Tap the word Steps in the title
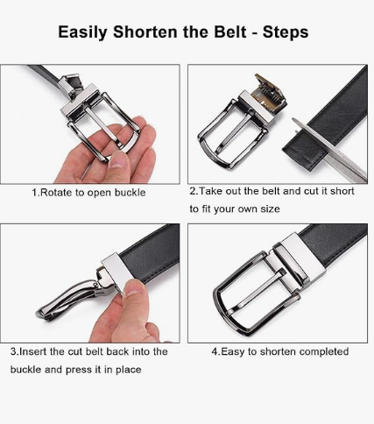[x=286, y=32]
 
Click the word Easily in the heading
[x=82, y=32]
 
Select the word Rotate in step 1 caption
[x=55, y=193]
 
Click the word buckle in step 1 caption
[x=130, y=193]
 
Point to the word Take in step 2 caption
[x=209, y=191]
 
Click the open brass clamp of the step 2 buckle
[x=270, y=94]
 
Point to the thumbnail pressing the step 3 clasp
[x=135, y=287]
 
